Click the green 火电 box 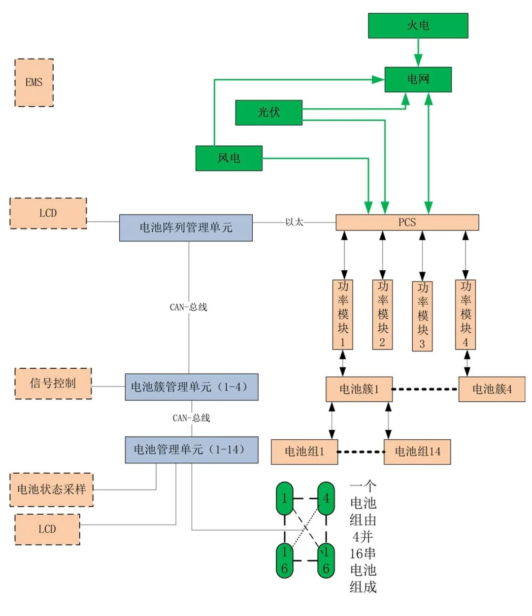(x=418, y=26)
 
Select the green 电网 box (x=418, y=79)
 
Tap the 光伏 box (x=268, y=113)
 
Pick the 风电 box (x=229, y=158)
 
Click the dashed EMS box (x=34, y=83)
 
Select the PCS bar (x=407, y=223)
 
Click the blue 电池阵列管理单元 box (x=186, y=228)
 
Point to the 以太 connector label (x=294, y=222)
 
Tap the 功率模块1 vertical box (x=343, y=314)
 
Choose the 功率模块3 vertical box (x=422, y=316)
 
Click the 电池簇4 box (x=492, y=389)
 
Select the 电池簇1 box (x=359, y=389)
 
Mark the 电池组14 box (x=417, y=452)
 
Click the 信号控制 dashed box (x=53, y=384)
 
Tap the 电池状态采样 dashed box (x=52, y=489)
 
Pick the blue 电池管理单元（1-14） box (x=191, y=450)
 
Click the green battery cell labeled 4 (x=326, y=498)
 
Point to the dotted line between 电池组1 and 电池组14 (x=361, y=452)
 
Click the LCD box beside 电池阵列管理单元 (x=48, y=213)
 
